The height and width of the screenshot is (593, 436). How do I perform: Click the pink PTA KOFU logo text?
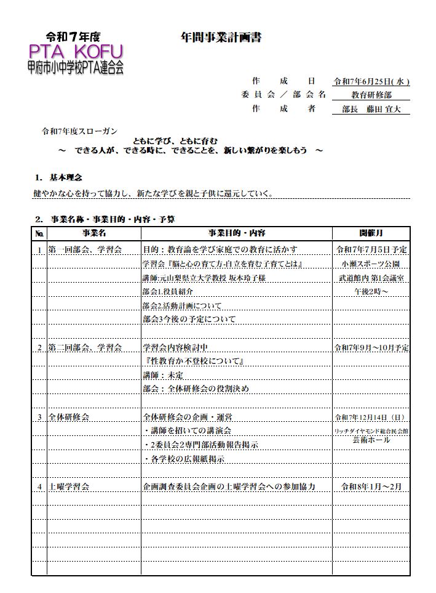coord(74,50)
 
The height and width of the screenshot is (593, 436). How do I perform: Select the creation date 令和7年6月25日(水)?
coord(371,81)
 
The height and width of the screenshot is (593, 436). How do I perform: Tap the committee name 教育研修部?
coord(371,95)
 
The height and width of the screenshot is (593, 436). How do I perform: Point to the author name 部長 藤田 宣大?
coord(371,109)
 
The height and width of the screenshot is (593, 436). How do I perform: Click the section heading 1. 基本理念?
coord(59,177)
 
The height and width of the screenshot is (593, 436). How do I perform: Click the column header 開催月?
coord(371,233)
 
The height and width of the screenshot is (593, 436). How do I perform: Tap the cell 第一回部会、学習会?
coord(84,249)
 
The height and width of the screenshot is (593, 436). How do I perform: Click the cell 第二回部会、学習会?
coord(84,347)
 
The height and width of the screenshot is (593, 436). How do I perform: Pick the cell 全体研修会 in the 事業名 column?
coord(69,417)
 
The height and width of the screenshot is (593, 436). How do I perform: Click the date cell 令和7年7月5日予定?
coord(371,249)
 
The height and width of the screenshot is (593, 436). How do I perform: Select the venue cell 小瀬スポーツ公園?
coord(371,264)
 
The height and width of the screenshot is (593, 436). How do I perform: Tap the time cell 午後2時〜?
coord(371,291)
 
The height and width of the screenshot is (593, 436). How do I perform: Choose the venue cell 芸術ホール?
coord(371,441)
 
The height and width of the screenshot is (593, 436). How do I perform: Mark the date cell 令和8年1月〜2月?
coord(371,486)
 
